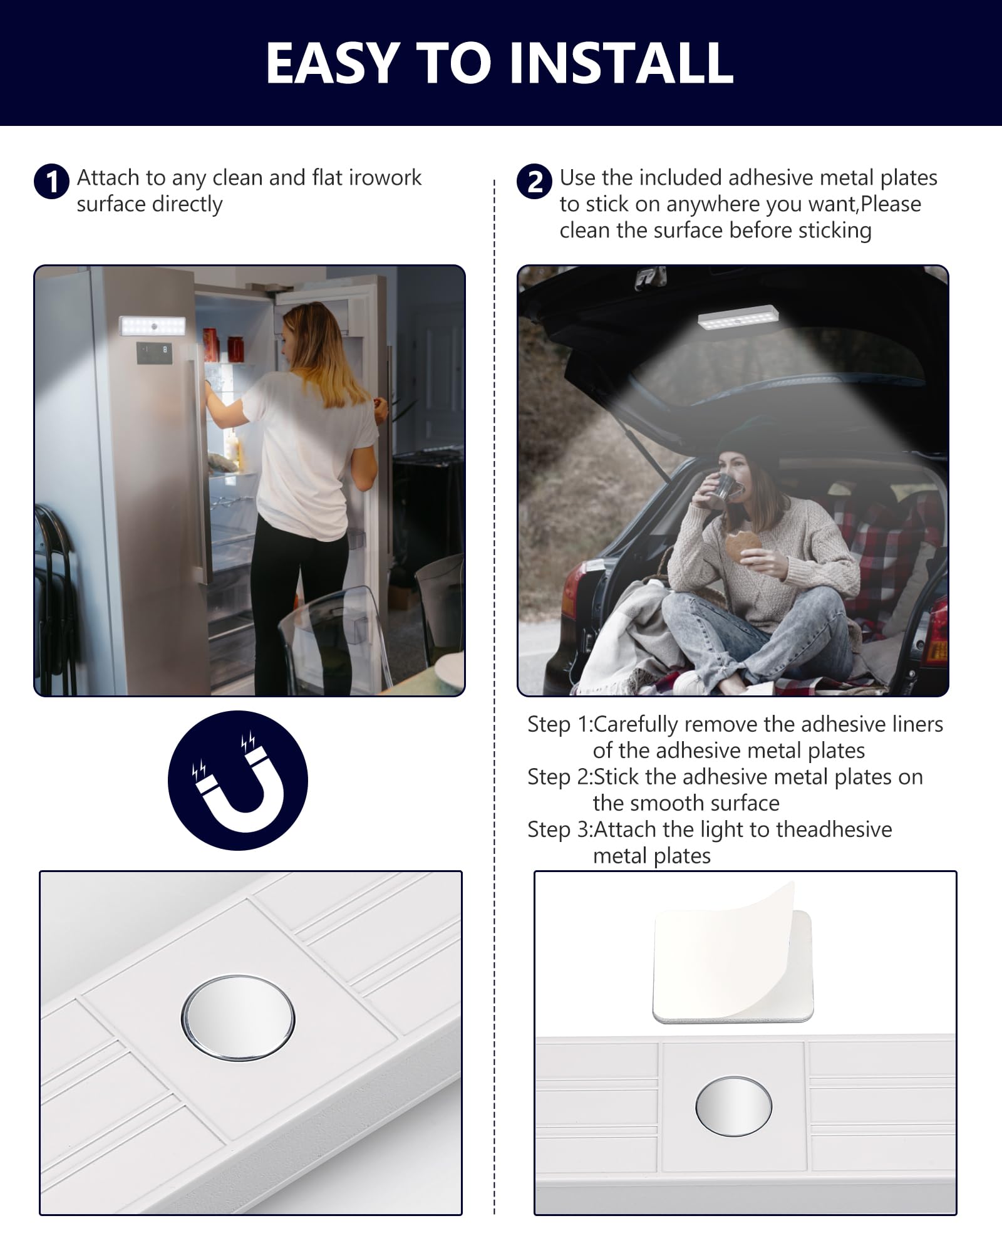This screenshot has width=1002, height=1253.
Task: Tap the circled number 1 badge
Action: click(x=51, y=182)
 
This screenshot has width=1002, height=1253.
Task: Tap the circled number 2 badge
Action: click(x=534, y=182)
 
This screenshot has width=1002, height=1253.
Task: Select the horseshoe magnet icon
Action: click(x=238, y=780)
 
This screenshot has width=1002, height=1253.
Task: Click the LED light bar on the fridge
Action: click(x=152, y=326)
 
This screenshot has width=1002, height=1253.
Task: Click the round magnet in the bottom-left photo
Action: click(x=238, y=1017)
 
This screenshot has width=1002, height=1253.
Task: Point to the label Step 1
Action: click(x=557, y=725)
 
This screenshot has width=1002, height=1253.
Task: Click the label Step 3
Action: click(x=557, y=830)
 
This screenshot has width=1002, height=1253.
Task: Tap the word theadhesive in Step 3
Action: click(x=834, y=829)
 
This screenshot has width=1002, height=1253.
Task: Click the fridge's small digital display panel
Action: click(x=154, y=353)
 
